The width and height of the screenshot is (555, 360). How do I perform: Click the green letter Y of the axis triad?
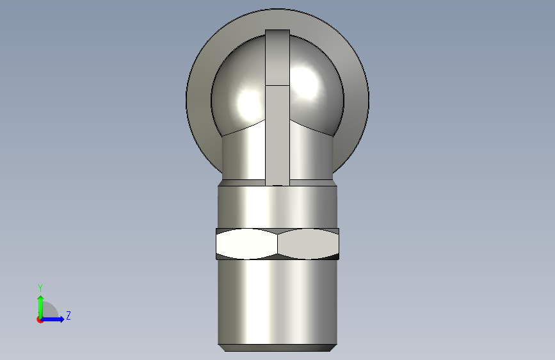pyautogui.click(x=40, y=288)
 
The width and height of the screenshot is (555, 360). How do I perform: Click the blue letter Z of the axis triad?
pyautogui.click(x=68, y=315)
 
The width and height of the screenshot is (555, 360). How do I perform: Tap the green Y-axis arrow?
pyautogui.click(x=41, y=307)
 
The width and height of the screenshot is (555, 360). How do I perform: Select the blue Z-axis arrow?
pyautogui.click(x=52, y=319)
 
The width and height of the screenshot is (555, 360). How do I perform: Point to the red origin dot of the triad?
pyautogui.click(x=40, y=320)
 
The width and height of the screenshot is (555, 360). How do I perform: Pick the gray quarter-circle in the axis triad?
pyautogui.click(x=50, y=311)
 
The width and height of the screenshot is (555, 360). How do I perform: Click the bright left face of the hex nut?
pyautogui.click(x=246, y=244)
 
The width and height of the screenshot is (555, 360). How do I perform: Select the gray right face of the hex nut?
pyautogui.click(x=309, y=244)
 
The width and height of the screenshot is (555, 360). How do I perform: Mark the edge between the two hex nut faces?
pyautogui.click(x=278, y=244)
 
